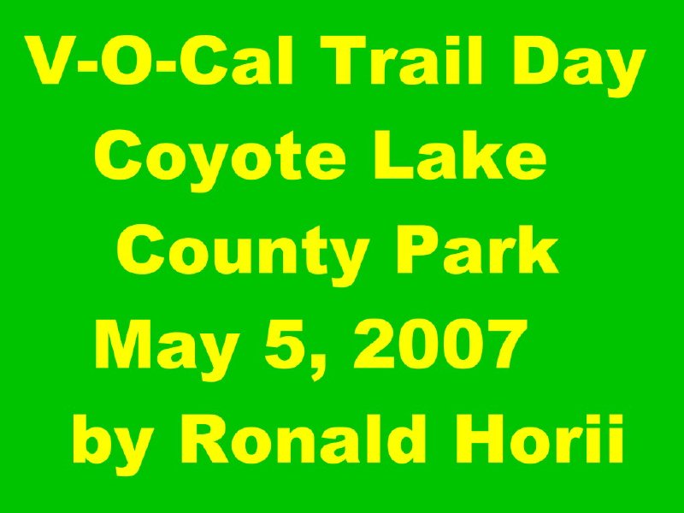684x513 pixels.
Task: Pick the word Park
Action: [x=477, y=250]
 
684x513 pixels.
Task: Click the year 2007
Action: [x=440, y=345]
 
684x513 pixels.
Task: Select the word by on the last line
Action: [x=113, y=444]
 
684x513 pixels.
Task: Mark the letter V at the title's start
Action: [x=50, y=60]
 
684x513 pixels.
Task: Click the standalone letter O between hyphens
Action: [x=124, y=60]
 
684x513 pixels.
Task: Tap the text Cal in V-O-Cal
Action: [x=233, y=60]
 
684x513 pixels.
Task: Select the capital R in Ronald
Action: [x=205, y=439]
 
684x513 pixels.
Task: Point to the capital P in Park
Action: [x=417, y=250]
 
